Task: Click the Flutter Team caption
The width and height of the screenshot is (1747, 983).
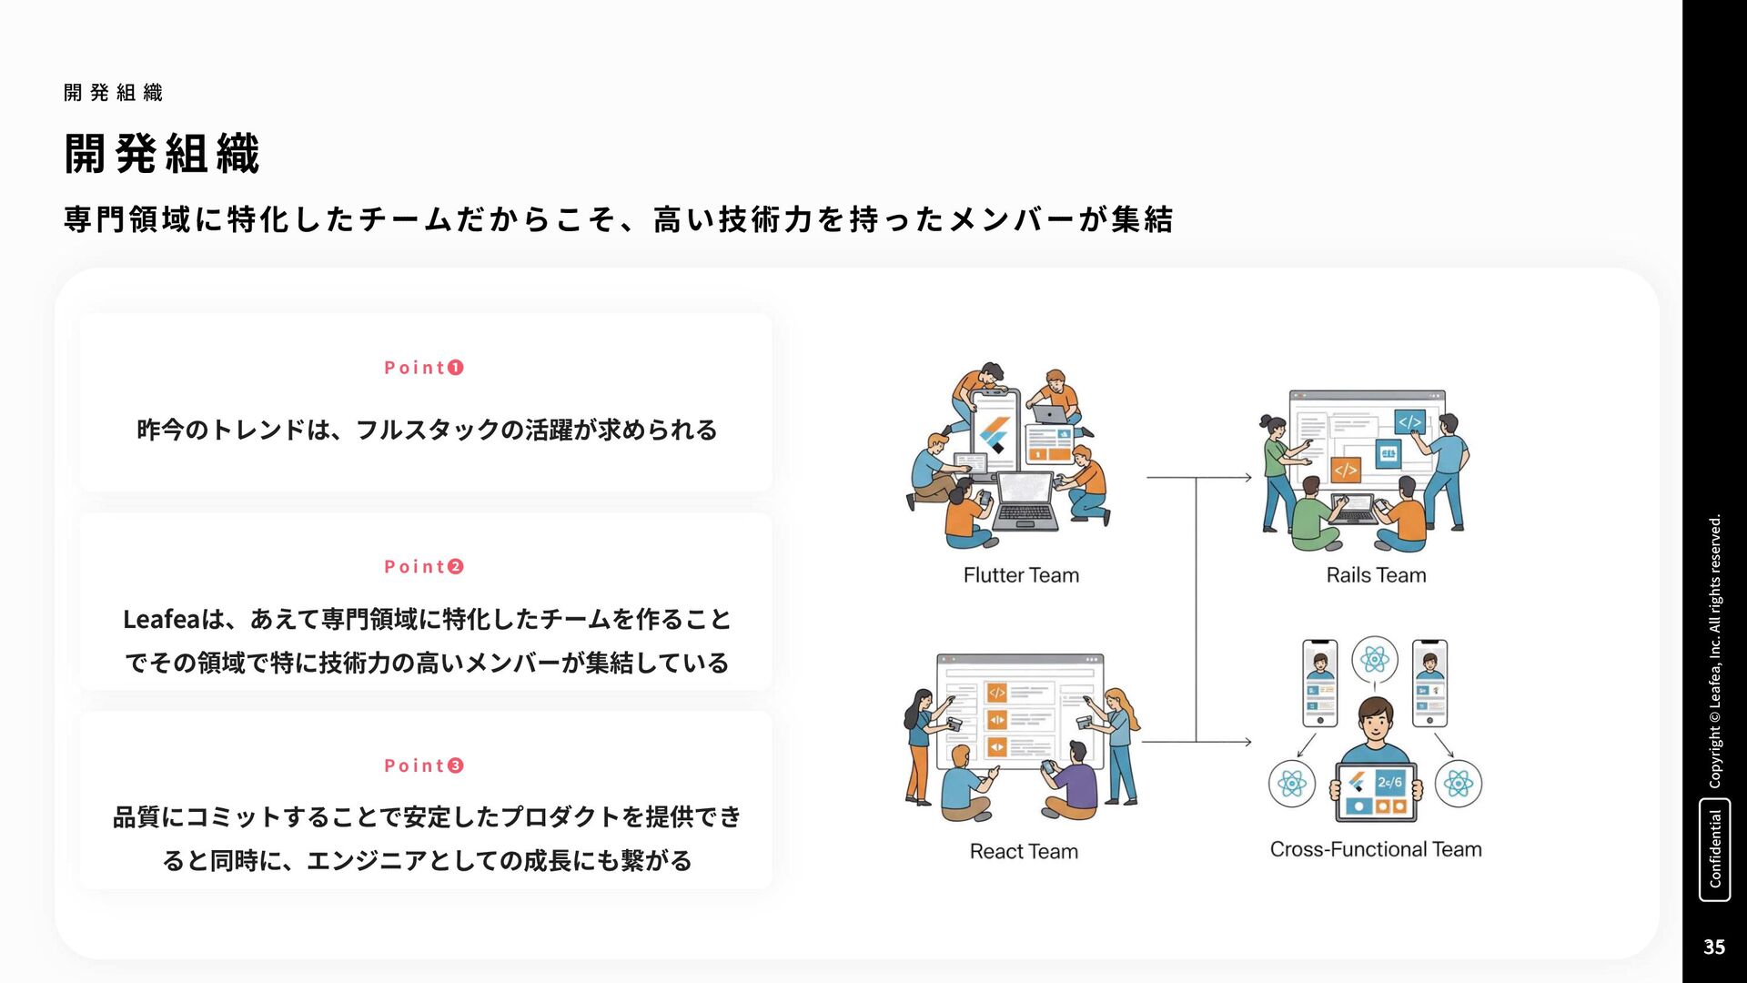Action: [1021, 575]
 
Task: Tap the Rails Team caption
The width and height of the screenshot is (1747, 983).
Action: [1376, 575]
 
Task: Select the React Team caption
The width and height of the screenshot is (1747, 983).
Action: [1024, 851]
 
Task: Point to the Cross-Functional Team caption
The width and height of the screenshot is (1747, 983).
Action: [1376, 849]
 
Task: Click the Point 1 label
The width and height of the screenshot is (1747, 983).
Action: [424, 368]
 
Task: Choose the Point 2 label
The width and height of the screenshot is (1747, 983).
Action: [424, 567]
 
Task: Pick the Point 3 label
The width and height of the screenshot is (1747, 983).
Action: [424, 765]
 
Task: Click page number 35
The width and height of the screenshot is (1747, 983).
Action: [1714, 947]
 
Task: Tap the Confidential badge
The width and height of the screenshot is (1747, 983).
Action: [1715, 849]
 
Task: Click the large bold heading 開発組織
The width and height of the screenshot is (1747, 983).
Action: [162, 153]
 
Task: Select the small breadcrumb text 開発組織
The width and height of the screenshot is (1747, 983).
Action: [114, 93]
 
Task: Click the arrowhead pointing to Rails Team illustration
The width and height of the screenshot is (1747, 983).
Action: [1247, 477]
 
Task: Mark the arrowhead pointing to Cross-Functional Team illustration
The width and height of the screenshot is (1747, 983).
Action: [1247, 742]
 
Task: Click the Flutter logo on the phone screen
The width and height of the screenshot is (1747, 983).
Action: [994, 435]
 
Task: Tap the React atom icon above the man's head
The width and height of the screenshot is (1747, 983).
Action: [1375, 658]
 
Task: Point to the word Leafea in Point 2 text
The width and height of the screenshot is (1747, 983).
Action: [160, 620]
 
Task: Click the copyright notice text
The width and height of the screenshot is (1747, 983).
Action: [1715, 651]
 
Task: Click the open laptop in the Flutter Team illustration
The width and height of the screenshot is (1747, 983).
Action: [1026, 501]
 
